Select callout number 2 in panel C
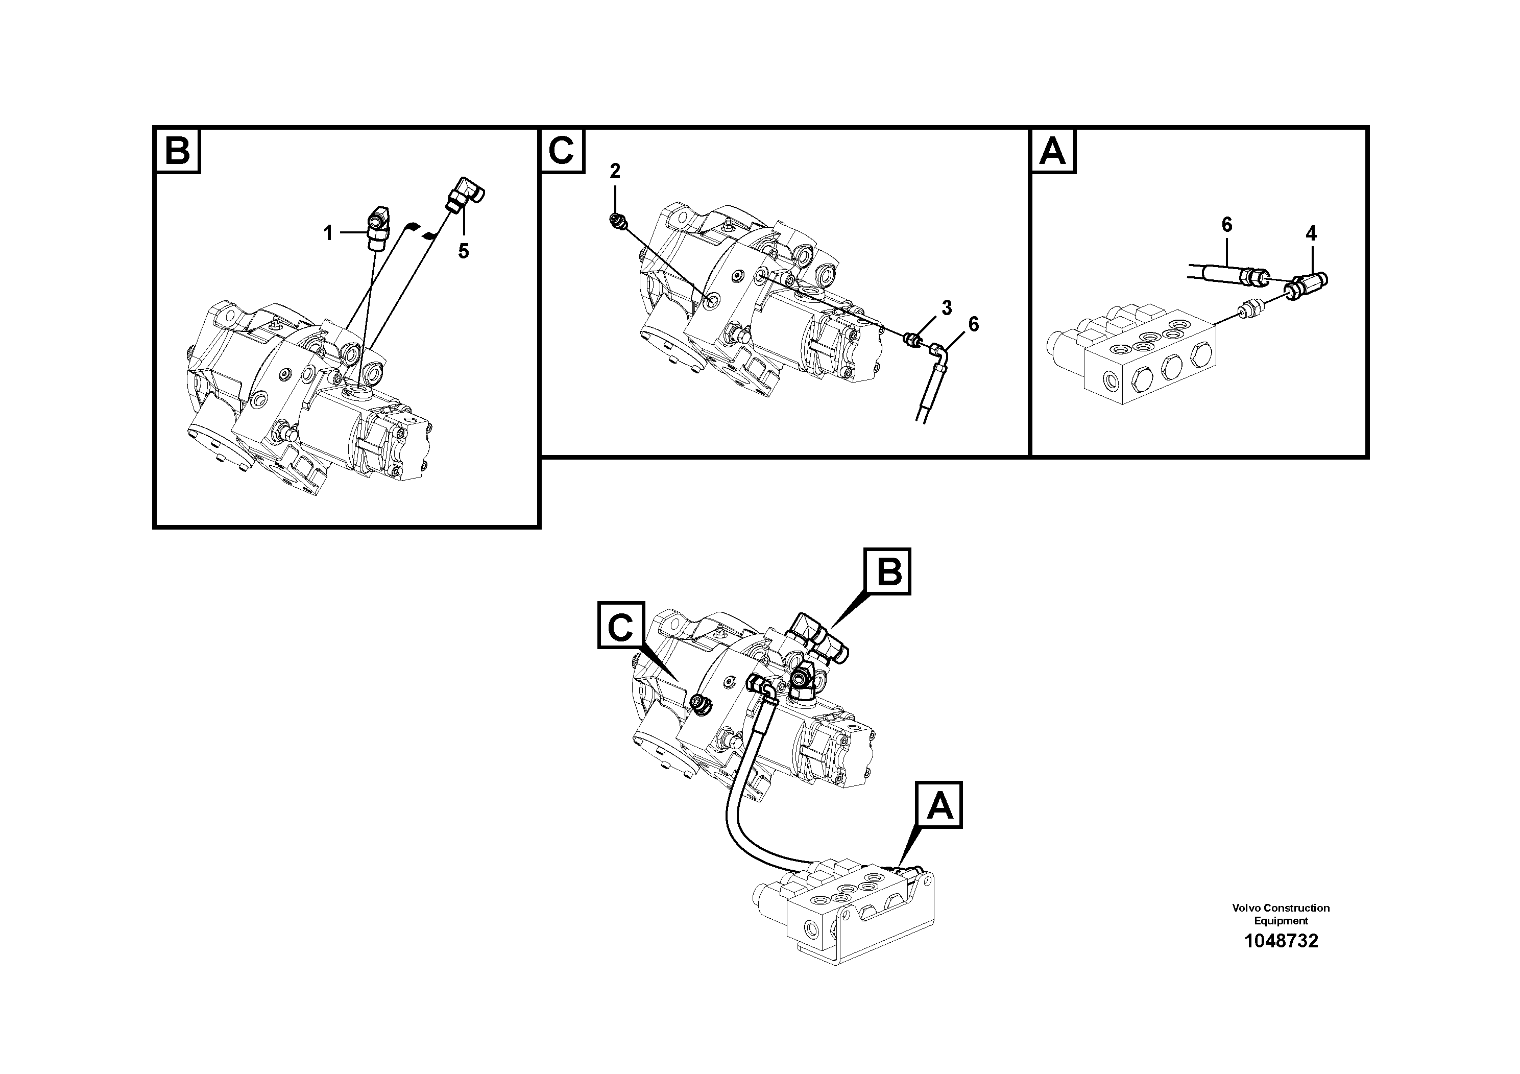coord(615,172)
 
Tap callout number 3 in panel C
coord(947,308)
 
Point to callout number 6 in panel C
coord(973,324)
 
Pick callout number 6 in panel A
coord(1227,225)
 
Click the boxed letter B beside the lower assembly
coord(888,571)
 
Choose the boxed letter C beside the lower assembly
coord(621,625)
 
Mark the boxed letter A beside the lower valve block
coord(939,805)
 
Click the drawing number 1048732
coord(1281,941)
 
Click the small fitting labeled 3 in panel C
coord(913,340)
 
